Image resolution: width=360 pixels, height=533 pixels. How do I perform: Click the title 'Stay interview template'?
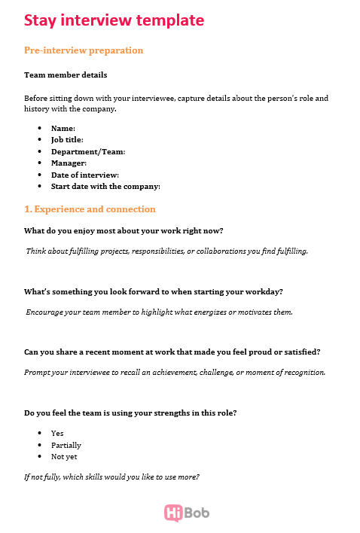pos(113,20)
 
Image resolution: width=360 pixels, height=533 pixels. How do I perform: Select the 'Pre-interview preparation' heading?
pos(84,50)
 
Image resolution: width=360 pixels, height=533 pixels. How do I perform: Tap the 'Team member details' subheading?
pos(66,75)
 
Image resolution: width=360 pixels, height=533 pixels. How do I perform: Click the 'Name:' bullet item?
pos(63,128)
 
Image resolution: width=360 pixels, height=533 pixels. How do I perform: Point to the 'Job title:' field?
pos(67,139)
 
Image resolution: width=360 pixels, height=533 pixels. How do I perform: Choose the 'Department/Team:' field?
pos(87,151)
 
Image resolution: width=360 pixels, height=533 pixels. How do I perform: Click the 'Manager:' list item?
pos(69,163)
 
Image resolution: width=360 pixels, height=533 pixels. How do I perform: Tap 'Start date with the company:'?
pos(105,186)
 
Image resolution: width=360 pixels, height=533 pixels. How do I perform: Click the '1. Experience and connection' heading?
pos(90,209)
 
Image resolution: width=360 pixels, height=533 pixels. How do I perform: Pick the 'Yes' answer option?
pos(57,433)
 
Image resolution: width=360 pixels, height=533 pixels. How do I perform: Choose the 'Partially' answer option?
pos(66,445)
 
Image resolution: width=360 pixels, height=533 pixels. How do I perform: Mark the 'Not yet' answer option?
pos(64,456)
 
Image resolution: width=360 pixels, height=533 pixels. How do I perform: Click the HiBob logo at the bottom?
pos(186,513)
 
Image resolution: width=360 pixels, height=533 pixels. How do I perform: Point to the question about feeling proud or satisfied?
pos(172,352)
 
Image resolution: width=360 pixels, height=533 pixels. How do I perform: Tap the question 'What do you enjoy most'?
pos(124,230)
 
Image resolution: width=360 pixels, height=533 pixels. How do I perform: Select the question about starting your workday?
pos(154,291)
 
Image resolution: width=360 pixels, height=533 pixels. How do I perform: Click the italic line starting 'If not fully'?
pos(111,477)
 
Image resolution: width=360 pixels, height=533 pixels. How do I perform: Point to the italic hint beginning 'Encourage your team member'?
pos(159,312)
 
